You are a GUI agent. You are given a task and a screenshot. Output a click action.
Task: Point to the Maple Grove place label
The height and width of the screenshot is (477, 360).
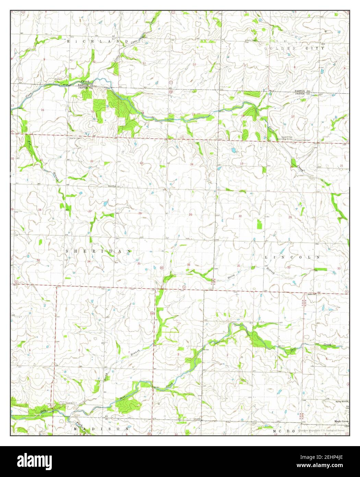pyautogui.click(x=341, y=421)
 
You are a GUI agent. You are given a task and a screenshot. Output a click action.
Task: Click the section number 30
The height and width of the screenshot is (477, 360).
pyautogui.click(x=240, y=216)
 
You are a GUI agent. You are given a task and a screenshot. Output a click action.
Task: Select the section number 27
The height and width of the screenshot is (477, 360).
pyautogui.click(x=90, y=211)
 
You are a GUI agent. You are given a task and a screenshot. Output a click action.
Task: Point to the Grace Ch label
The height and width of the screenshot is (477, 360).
pyautogui.click(x=311, y=294)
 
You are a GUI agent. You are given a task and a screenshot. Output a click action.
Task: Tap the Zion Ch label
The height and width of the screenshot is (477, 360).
pyautogui.click(x=112, y=186)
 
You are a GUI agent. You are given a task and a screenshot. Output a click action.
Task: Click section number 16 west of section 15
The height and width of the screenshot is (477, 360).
pyautogui.click(x=43, y=110)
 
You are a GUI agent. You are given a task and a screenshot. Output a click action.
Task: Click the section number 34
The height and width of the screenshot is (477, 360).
pyautogui.click(x=89, y=262)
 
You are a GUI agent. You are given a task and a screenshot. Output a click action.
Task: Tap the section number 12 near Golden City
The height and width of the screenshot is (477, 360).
pyautogui.click(x=194, y=65)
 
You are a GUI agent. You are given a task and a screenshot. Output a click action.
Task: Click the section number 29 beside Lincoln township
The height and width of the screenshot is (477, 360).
pyautogui.click(x=290, y=218)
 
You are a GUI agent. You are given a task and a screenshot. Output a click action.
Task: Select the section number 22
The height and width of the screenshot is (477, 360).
pyautogui.click(x=92, y=161)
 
